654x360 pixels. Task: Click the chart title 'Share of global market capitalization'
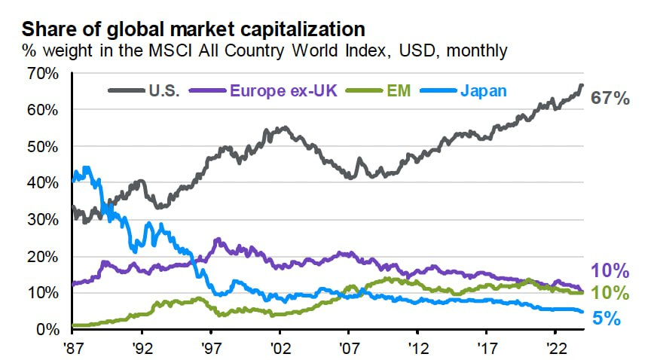click(194, 30)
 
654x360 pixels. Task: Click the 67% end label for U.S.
click(610, 98)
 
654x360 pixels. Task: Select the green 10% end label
click(610, 294)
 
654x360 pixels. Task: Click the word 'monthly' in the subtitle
click(478, 52)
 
